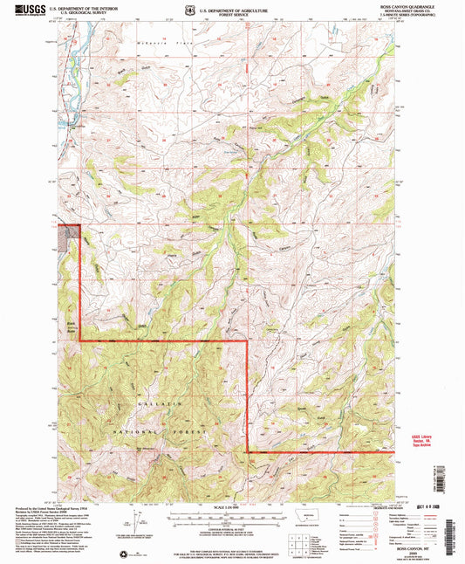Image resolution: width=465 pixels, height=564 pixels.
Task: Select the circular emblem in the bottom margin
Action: point(124,551)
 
